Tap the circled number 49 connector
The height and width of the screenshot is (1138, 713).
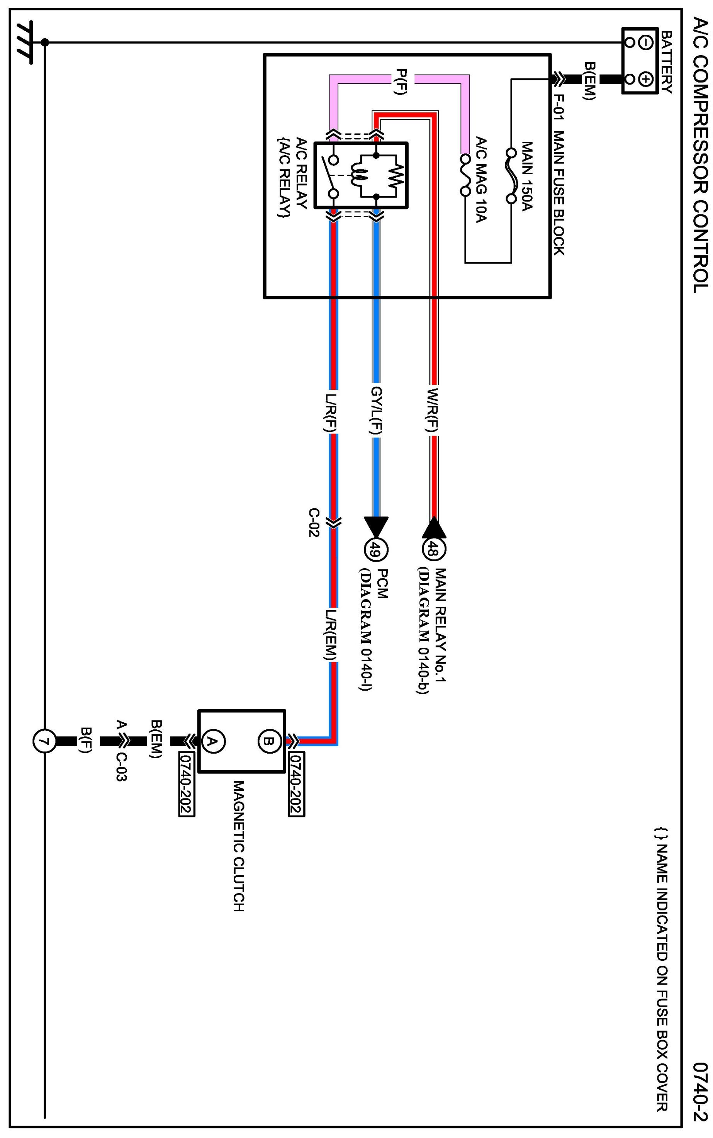376,549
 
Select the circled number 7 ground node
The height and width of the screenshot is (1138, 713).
44,741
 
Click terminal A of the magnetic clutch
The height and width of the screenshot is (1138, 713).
213,741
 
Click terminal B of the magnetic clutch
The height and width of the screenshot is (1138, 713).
269,741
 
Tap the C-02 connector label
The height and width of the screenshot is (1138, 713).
314,522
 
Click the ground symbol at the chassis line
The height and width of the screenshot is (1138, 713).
24,42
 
